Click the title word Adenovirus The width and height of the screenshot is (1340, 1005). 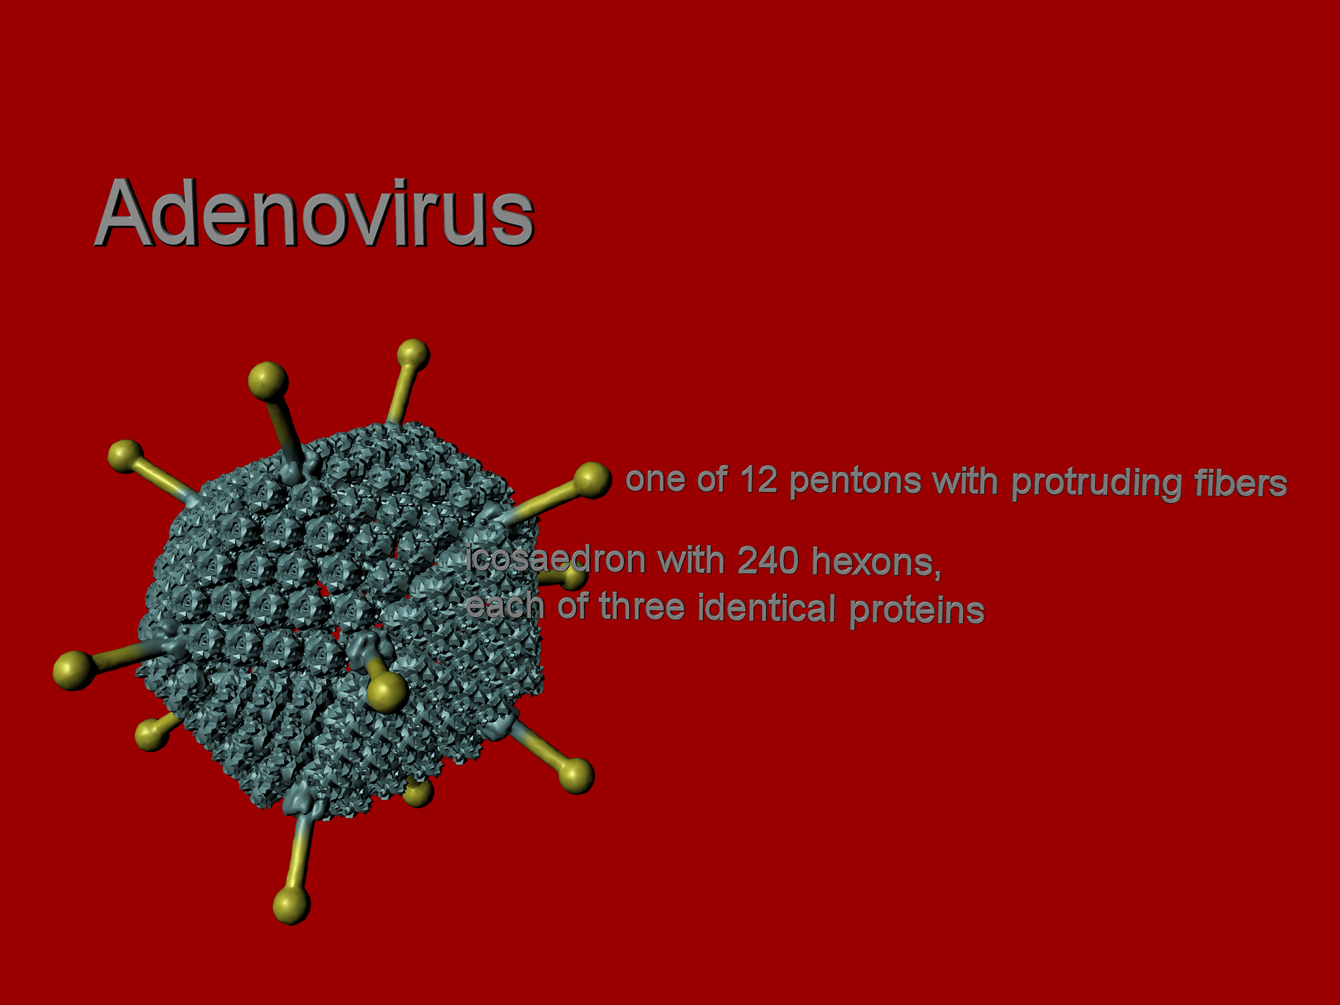(x=315, y=212)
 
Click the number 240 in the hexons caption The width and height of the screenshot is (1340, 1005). (x=768, y=561)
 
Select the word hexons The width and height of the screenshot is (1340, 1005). (x=876, y=563)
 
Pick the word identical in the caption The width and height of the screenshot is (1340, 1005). (x=766, y=607)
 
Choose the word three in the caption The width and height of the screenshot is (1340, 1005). (x=642, y=606)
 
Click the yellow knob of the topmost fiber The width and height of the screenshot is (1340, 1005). (x=413, y=355)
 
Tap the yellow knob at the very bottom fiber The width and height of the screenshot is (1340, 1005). (x=291, y=905)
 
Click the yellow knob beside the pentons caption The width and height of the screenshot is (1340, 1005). (x=592, y=480)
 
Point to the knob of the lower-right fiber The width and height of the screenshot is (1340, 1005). (x=576, y=776)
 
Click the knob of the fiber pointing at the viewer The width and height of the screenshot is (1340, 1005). (x=387, y=692)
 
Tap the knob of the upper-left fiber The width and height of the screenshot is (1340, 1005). (x=125, y=456)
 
